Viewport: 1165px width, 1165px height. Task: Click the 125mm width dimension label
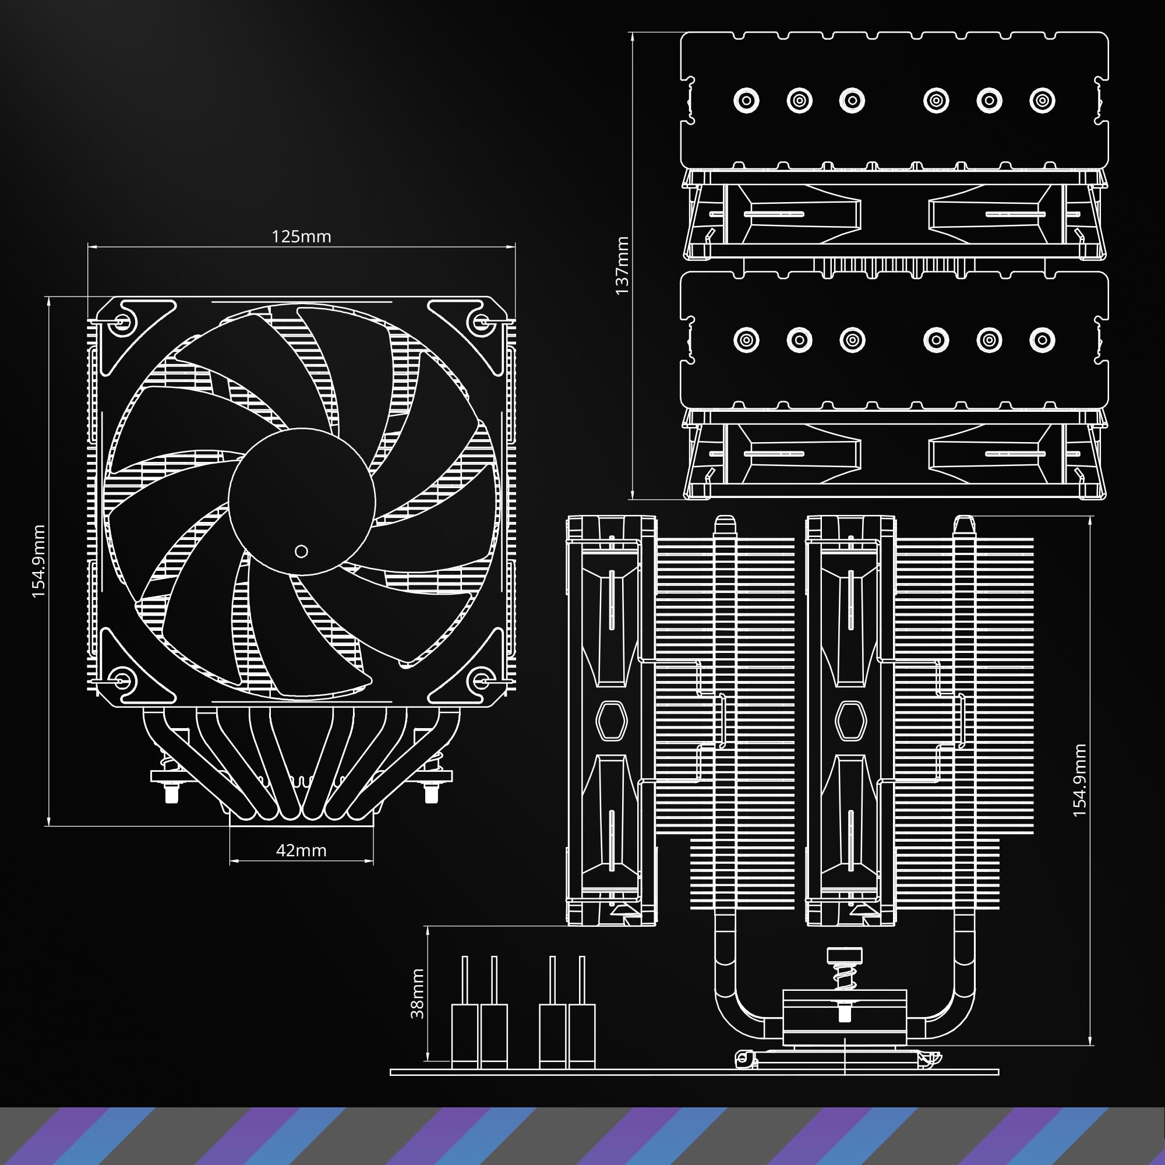[x=301, y=236]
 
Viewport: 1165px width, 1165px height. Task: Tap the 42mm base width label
[x=301, y=850]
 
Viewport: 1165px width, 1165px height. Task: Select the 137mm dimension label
[x=622, y=265]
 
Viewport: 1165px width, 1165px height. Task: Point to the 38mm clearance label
[x=417, y=993]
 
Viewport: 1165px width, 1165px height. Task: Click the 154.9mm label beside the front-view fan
[x=38, y=561]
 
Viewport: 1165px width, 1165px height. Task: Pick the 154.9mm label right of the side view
[x=1079, y=781]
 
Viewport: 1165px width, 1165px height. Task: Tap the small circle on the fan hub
[x=302, y=550]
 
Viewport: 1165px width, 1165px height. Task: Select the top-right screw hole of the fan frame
[x=481, y=321]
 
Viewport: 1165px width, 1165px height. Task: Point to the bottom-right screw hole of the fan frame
[x=481, y=680]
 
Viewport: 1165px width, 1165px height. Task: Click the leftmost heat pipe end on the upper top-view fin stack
[x=746, y=100]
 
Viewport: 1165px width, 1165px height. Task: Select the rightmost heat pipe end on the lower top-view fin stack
[x=1042, y=340]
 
